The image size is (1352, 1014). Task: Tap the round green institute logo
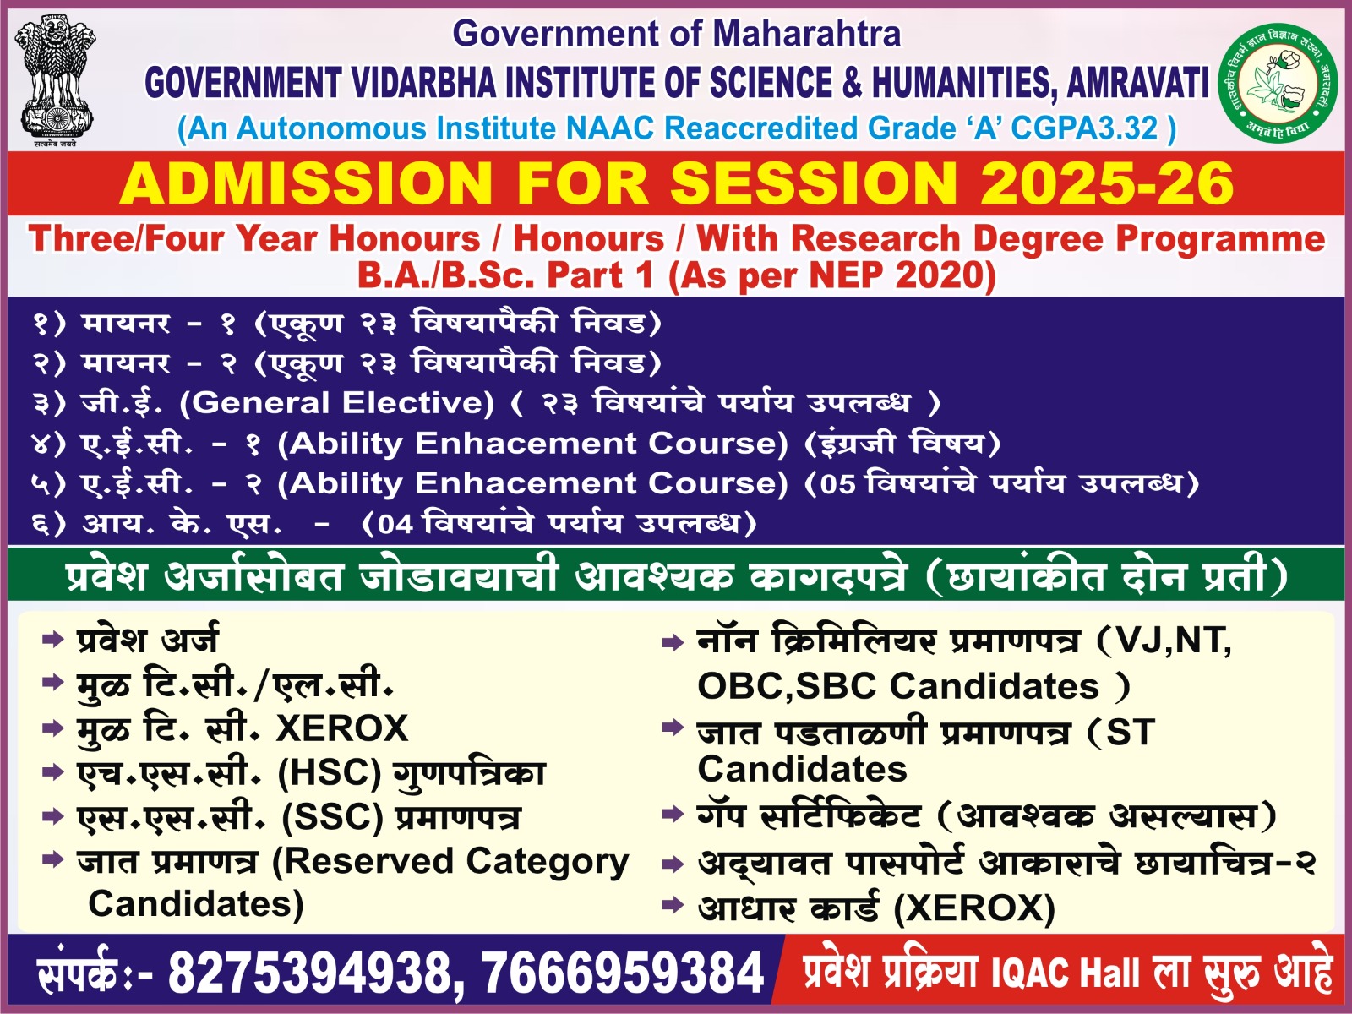[1278, 83]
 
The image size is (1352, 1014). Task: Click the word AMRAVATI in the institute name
[1138, 83]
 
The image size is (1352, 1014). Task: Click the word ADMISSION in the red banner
[306, 183]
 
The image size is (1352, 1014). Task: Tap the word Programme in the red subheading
[1220, 239]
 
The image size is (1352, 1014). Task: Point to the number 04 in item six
[395, 525]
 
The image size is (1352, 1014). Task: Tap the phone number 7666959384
[623, 973]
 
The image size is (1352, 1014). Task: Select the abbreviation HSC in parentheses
[330, 772]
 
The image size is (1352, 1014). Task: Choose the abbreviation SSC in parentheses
[333, 817]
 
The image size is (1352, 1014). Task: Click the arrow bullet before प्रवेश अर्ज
[53, 639]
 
